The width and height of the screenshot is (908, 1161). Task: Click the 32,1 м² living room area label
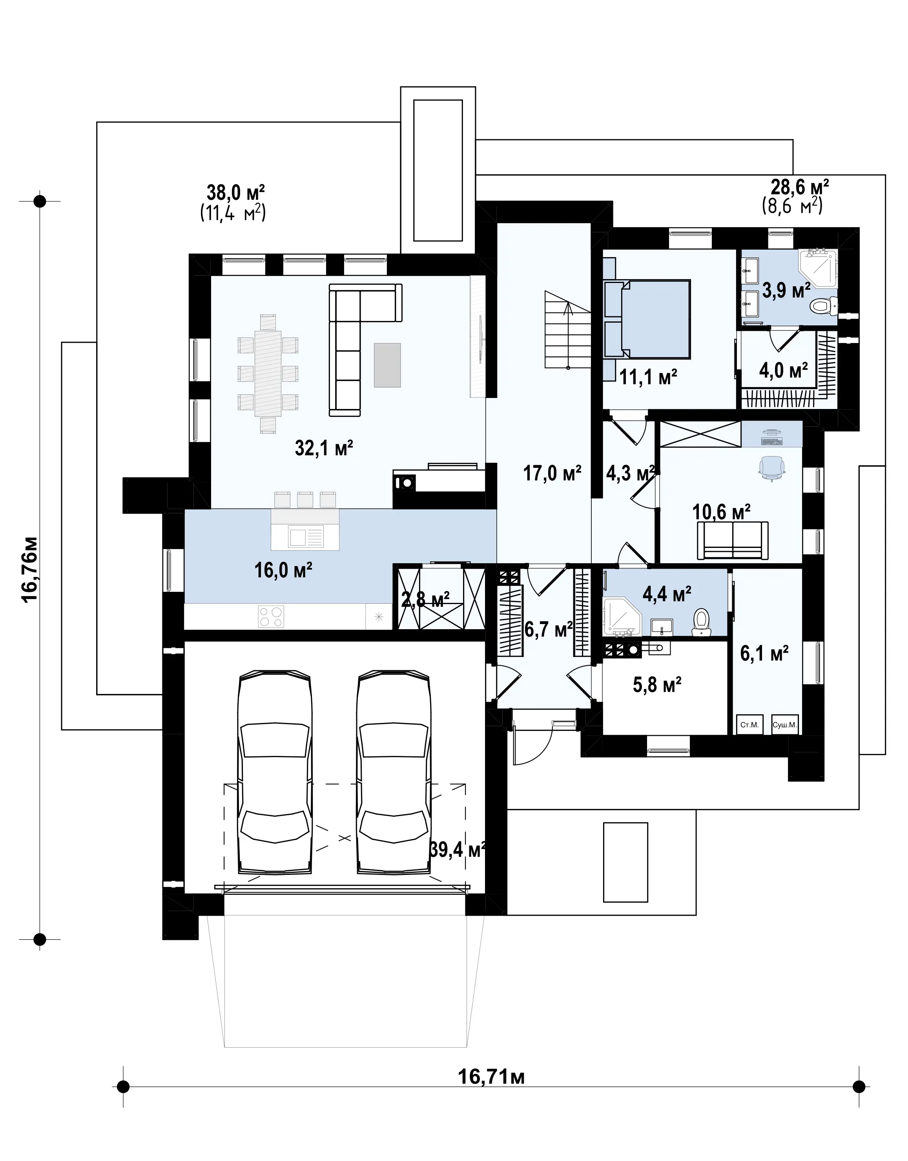tap(324, 448)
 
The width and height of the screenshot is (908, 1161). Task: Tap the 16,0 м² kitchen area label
tap(283, 570)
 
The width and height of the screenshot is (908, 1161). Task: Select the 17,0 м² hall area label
tap(552, 473)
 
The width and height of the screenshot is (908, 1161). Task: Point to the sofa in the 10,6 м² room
tap(733, 540)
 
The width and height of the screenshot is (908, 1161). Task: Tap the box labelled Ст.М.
tap(749, 725)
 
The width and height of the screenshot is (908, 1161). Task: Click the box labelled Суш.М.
tap(785, 725)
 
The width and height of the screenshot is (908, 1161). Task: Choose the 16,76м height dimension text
tap(29, 569)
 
